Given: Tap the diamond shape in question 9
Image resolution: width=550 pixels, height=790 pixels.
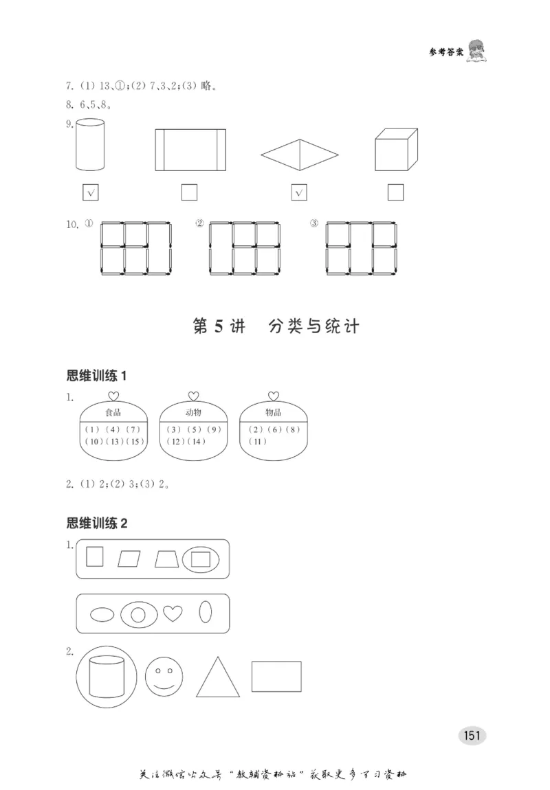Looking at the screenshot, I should [300, 155].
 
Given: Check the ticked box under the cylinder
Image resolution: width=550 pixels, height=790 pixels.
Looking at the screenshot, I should [90, 193].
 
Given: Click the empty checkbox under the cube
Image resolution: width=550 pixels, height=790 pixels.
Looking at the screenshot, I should [395, 193].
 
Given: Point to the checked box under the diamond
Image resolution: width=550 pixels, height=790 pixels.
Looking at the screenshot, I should [299, 193].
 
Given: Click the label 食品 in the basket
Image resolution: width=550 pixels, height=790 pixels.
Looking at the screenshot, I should [113, 413].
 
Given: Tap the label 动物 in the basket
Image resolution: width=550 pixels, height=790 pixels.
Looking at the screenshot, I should [193, 413].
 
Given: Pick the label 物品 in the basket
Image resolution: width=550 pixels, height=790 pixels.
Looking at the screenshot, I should [273, 413].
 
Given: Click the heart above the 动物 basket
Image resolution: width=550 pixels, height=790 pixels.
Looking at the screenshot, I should [193, 396].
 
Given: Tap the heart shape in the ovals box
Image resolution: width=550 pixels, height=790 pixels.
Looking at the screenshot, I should [172, 613].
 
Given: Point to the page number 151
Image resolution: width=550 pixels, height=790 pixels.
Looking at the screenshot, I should [471, 735].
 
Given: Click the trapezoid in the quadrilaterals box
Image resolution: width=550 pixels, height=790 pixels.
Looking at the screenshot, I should [166, 559].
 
